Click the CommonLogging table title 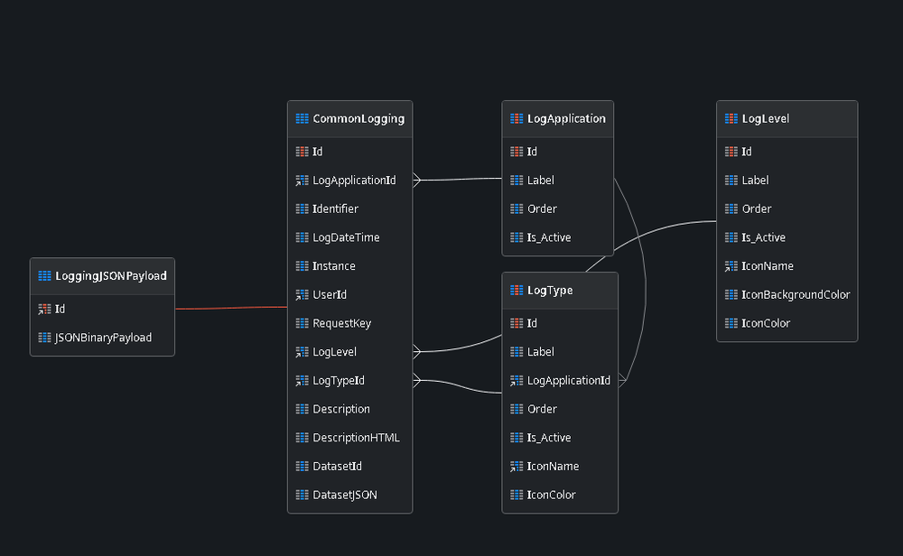(x=358, y=118)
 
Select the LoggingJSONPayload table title (x=111, y=276)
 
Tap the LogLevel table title (x=765, y=118)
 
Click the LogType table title (x=550, y=291)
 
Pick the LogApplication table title (x=566, y=118)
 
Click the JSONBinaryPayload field (x=103, y=338)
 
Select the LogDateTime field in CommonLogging (x=346, y=237)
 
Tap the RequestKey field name (x=341, y=323)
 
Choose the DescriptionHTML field (x=356, y=438)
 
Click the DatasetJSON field (x=345, y=495)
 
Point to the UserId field (x=330, y=295)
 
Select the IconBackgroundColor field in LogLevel (x=796, y=295)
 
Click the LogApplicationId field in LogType (x=568, y=381)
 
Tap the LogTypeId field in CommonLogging (x=339, y=381)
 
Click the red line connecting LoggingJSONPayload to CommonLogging (x=230, y=308)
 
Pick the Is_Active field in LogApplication (x=549, y=237)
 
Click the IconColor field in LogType (x=551, y=495)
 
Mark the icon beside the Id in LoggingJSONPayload (x=44, y=309)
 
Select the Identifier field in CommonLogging (x=335, y=209)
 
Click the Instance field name (x=334, y=266)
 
